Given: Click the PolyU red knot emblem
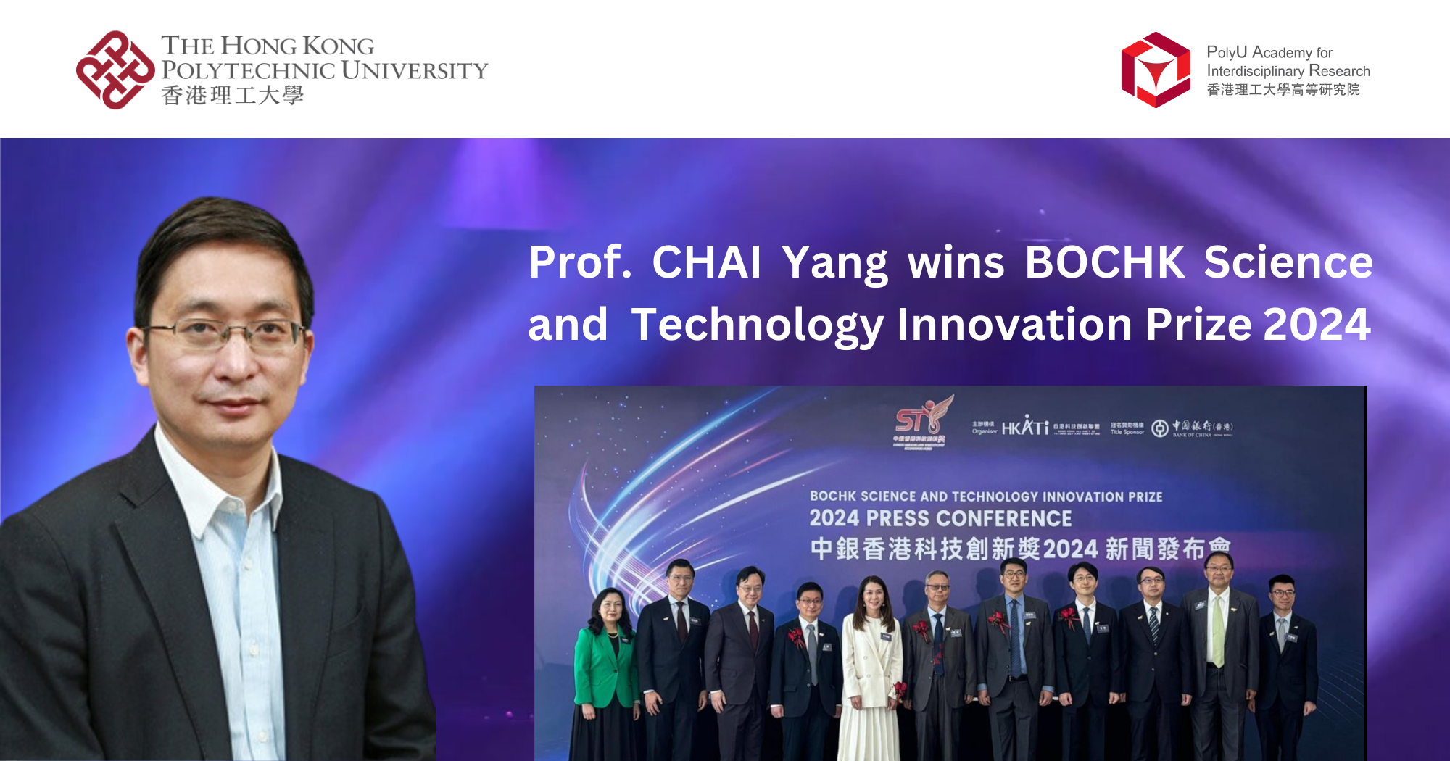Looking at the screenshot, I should [115, 70].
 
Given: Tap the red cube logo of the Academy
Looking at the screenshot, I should [1156, 70].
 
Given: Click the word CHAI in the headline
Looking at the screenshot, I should [706, 262].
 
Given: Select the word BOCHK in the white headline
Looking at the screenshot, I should [1105, 262].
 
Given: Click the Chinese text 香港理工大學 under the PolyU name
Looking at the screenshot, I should [232, 96].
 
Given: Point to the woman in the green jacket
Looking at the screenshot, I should [605, 660].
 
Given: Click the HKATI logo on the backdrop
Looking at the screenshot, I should [1025, 427].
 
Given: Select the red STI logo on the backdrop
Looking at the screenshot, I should [919, 422].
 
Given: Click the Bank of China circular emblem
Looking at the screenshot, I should [1160, 428].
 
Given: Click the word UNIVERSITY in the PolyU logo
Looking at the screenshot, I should [414, 70].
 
